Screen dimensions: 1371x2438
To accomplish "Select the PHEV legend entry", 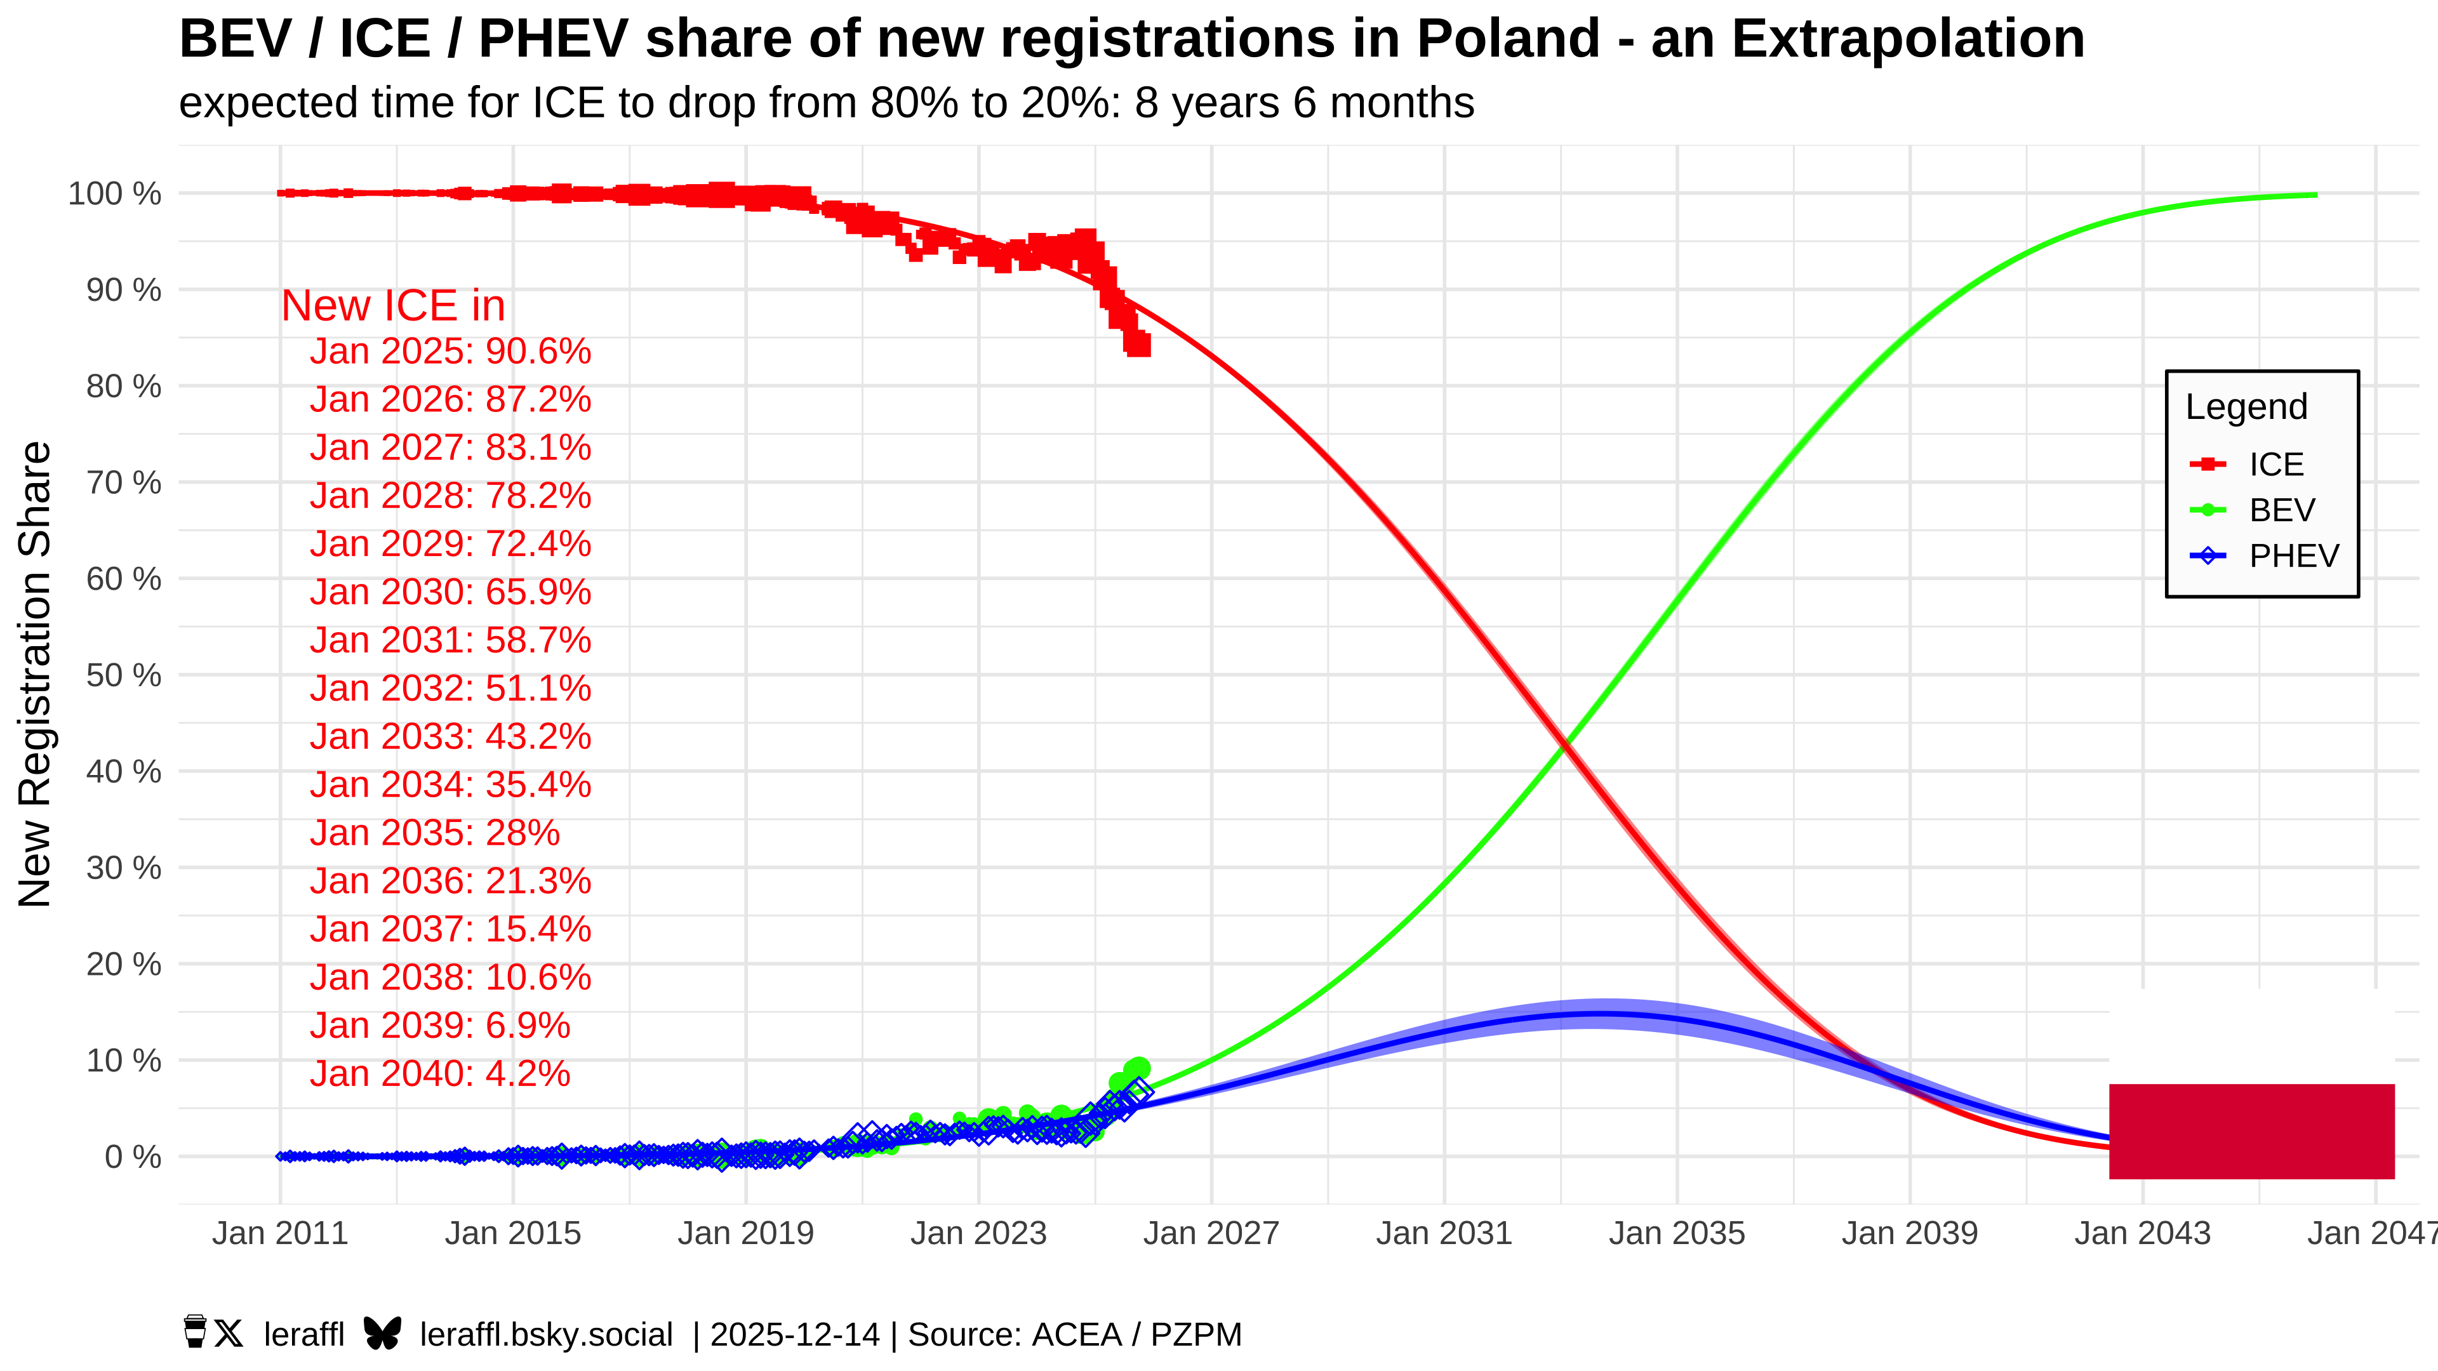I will (x=2293, y=557).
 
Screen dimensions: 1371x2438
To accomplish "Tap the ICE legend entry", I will (x=2276, y=465).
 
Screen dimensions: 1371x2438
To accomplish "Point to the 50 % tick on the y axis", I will (x=124, y=675).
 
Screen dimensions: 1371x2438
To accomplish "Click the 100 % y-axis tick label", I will (x=114, y=194).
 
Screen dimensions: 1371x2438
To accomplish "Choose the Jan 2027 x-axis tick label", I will (x=1211, y=1234).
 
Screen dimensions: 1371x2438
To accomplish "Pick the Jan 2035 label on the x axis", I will (x=1677, y=1234).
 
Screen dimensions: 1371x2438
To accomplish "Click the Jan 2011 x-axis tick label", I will (x=280, y=1234).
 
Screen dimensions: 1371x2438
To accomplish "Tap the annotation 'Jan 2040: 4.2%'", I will (x=440, y=1074).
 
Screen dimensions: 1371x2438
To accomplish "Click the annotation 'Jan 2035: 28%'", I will (x=434, y=833).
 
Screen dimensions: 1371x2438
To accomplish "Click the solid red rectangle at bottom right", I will (x=2251, y=1132).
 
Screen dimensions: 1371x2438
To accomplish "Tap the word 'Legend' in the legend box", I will (x=2246, y=407).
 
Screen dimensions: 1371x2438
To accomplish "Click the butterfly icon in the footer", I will (x=382, y=1334).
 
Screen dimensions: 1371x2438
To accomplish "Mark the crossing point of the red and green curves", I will (x=1564, y=745).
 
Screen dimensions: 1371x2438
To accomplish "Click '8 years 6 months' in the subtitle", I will (x=1304, y=103).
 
